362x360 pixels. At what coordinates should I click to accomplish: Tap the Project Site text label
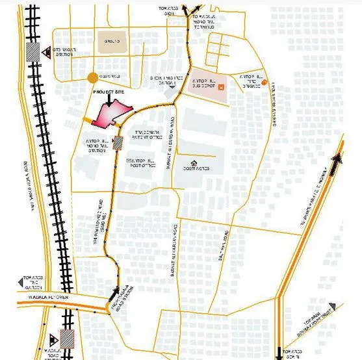[x=107, y=92]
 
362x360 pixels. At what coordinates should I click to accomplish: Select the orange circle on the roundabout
[x=92, y=78]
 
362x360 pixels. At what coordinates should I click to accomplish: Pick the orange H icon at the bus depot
[x=222, y=87]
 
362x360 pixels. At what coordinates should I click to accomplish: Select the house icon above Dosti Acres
[x=193, y=162]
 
